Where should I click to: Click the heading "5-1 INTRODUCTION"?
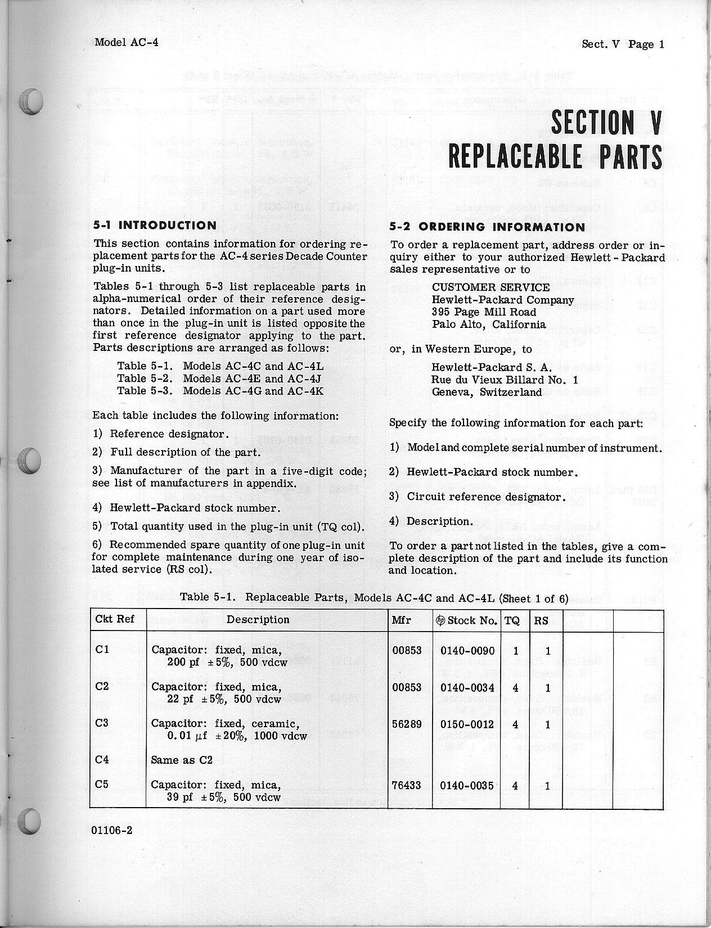coord(155,226)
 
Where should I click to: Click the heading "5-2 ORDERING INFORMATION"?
coord(487,227)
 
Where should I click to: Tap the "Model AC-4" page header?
coord(127,42)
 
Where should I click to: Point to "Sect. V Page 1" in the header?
coord(623,44)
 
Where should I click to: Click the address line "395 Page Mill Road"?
coord(484,312)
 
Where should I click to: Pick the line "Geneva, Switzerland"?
coord(487,393)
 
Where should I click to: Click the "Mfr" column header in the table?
coord(401,620)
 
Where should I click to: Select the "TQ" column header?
coord(512,620)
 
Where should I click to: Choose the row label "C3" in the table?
coord(102,723)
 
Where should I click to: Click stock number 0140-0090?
coord(467,651)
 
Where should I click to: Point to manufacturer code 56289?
coord(406,724)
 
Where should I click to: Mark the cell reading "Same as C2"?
coord(182,760)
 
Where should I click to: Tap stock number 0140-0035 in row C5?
coord(467,785)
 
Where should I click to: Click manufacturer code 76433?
coord(406,785)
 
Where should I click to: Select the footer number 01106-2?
coord(114,831)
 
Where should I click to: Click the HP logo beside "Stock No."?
coord(440,620)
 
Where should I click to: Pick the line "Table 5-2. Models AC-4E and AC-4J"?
coord(219,379)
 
